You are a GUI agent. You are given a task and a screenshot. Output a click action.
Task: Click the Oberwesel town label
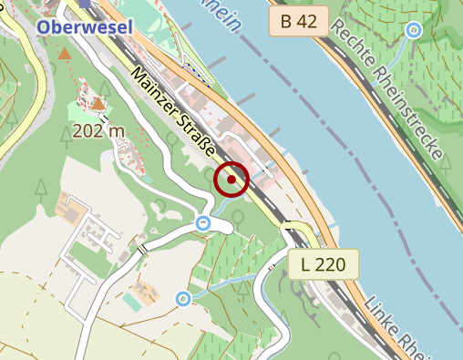click(85, 27)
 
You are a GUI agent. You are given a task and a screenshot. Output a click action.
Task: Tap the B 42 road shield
click(298, 23)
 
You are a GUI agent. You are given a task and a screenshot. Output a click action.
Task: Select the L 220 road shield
click(324, 265)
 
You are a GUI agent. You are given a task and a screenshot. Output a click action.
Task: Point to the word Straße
click(200, 141)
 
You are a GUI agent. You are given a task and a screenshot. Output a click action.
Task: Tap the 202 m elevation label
click(98, 131)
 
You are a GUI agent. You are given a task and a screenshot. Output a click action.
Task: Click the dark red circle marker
click(231, 180)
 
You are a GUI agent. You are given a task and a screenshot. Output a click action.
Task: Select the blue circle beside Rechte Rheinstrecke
click(413, 31)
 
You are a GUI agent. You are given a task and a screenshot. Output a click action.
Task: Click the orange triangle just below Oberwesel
click(65, 55)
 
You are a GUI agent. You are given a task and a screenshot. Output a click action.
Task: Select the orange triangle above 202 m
click(98, 104)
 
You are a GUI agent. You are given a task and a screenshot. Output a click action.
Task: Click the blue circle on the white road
click(203, 223)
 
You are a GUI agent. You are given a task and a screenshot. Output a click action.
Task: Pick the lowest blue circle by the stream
click(183, 298)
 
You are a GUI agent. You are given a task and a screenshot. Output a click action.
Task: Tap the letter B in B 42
click(285, 23)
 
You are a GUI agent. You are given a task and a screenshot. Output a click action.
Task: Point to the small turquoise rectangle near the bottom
click(133, 302)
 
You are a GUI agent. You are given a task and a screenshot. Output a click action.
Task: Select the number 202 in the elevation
click(89, 131)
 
